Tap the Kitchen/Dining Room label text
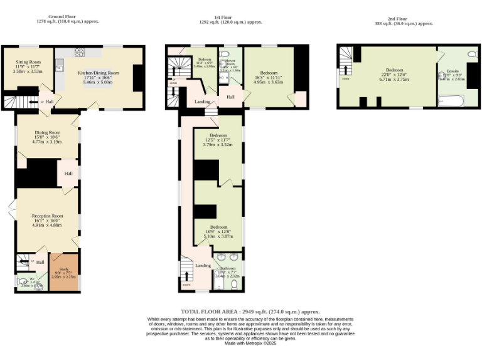tap(98, 77)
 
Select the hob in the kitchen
tap(80, 53)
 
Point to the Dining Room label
tap(47, 137)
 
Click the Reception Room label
tap(47, 220)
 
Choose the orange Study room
tap(65, 273)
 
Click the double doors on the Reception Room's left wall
tap(12, 209)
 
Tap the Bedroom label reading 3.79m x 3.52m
tap(218, 140)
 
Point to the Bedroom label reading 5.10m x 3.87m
tap(218, 231)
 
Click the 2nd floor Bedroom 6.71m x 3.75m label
tap(394, 75)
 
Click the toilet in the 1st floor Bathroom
tap(234, 284)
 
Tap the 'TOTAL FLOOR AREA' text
tap(250, 311)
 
